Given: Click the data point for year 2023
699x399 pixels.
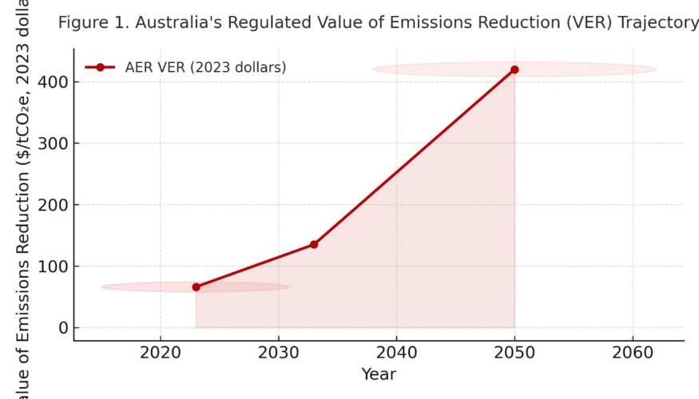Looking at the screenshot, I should point(197,286).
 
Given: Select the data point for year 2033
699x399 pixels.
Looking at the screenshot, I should point(314,244).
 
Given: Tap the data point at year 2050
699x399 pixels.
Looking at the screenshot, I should point(514,69).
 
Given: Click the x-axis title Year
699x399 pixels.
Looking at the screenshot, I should point(379,373).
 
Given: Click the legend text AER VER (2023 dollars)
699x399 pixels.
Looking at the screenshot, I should point(205,68).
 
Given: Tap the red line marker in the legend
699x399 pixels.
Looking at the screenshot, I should point(100,68).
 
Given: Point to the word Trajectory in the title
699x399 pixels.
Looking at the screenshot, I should point(660,23).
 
